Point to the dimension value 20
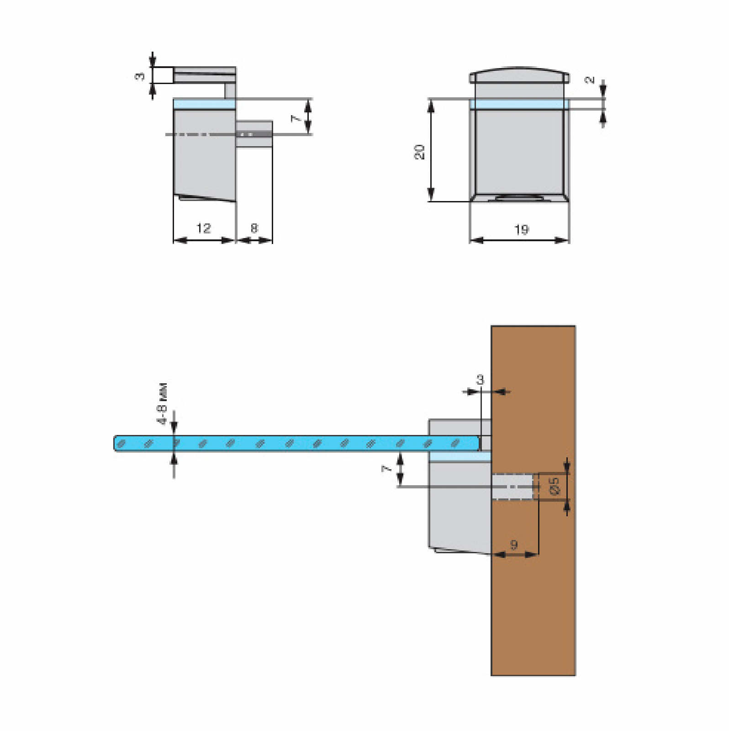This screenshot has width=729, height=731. [x=419, y=152]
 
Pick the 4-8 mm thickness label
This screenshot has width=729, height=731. [x=162, y=404]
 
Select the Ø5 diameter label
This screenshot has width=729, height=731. [x=554, y=487]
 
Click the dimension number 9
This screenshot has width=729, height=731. [x=514, y=545]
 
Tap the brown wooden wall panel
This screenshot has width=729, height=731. [x=533, y=500]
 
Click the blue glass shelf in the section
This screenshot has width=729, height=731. [x=297, y=443]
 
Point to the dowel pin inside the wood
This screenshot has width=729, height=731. [x=512, y=487]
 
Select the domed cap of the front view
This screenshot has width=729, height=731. [x=519, y=75]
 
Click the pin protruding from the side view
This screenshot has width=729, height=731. [x=254, y=134]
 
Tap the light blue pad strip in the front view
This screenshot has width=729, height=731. [x=519, y=104]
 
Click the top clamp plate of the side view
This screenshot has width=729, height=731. [x=205, y=75]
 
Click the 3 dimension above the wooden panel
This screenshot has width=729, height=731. [x=480, y=379]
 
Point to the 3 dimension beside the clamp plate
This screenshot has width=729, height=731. [x=140, y=76]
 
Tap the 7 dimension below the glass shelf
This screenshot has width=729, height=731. [x=386, y=468]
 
